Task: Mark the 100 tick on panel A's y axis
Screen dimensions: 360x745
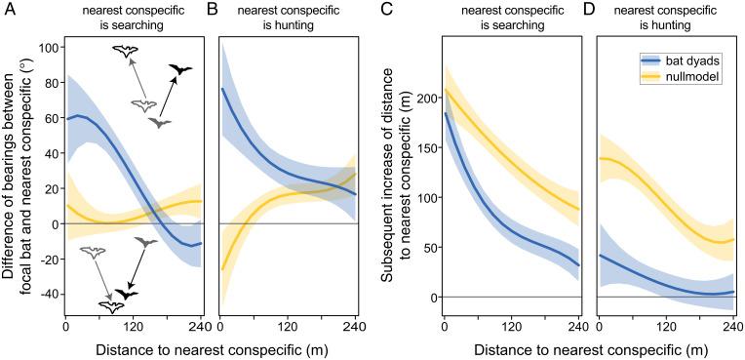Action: (45, 47)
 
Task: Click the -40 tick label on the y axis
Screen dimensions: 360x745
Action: (45, 294)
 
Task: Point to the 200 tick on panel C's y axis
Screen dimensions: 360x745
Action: (425, 100)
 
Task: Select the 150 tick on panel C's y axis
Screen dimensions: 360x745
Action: (425, 148)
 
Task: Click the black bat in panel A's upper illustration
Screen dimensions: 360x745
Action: (179, 70)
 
